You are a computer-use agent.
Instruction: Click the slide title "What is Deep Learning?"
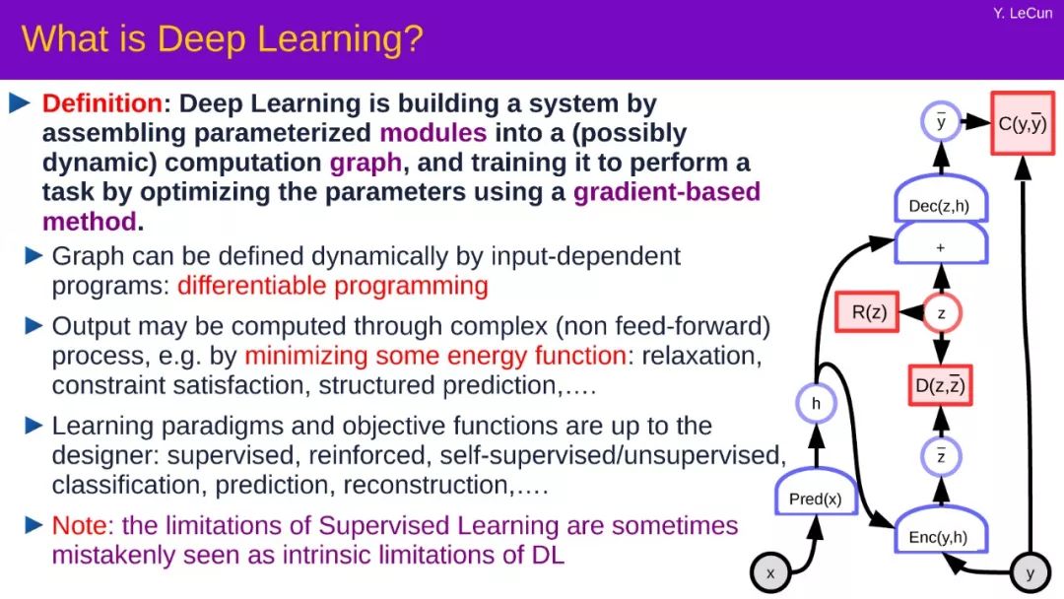(222, 38)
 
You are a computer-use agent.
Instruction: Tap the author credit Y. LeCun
(1023, 13)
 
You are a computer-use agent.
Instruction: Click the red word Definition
(102, 103)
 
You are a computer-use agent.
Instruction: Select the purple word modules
(432, 133)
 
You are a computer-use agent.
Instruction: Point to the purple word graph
(366, 164)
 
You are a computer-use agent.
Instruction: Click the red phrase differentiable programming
(333, 287)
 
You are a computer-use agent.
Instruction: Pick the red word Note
(80, 526)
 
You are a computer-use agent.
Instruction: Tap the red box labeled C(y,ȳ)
(1023, 123)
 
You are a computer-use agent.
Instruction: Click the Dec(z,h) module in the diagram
(940, 199)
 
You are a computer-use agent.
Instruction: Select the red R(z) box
(868, 312)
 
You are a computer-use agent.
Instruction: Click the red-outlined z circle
(941, 313)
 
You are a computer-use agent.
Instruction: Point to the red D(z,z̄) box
(940, 385)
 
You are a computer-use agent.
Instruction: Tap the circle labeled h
(816, 404)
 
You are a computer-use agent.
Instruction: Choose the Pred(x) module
(816, 493)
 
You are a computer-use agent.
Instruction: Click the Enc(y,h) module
(940, 530)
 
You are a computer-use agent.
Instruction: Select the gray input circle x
(770, 573)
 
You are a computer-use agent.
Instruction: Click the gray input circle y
(1031, 573)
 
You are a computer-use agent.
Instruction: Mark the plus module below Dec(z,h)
(941, 244)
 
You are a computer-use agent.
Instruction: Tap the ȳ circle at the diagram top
(941, 121)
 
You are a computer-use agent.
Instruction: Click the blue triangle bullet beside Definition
(20, 103)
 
